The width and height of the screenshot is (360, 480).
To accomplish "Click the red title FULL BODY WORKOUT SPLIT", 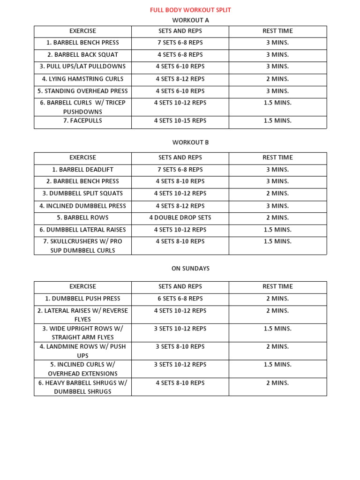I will pyautogui.click(x=190, y=10).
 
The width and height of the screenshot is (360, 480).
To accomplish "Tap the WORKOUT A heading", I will pyautogui.click(x=190, y=20).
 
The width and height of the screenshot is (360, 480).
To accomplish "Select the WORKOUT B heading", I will pyautogui.click(x=190, y=142).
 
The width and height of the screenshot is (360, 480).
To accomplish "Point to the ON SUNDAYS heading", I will pyautogui.click(x=190, y=269).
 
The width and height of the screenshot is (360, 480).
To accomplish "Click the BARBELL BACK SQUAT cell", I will pyautogui.click(x=82, y=54).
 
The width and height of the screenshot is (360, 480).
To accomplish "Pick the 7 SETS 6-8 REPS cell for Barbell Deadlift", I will pyautogui.click(x=180, y=169).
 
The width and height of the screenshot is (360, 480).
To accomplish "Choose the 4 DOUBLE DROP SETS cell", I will pyautogui.click(x=180, y=217).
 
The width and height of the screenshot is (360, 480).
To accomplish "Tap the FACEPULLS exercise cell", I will pyautogui.click(x=82, y=120).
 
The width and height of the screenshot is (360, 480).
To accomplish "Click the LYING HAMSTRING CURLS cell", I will pyautogui.click(x=82, y=79).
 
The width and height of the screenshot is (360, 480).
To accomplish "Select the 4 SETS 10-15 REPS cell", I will pyautogui.click(x=180, y=120).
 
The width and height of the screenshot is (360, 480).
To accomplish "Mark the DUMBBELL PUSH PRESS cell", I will pyautogui.click(x=82, y=298).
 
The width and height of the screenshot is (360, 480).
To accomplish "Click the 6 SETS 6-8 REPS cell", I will pyautogui.click(x=180, y=298).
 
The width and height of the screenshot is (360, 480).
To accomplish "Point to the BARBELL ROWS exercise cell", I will pyautogui.click(x=82, y=217).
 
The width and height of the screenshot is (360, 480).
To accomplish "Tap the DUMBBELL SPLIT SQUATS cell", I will pyautogui.click(x=82, y=193).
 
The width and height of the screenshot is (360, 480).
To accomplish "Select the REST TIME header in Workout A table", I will pyautogui.click(x=277, y=31).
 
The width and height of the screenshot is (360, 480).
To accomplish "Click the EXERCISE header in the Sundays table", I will pyautogui.click(x=82, y=286).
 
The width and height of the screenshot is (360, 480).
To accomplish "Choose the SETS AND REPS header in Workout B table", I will pyautogui.click(x=180, y=157).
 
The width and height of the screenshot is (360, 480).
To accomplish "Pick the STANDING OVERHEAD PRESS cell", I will pyautogui.click(x=82, y=91).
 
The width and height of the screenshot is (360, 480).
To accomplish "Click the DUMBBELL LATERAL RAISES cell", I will pyautogui.click(x=82, y=230).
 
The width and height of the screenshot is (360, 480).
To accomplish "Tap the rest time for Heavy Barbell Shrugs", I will pyautogui.click(x=277, y=382).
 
